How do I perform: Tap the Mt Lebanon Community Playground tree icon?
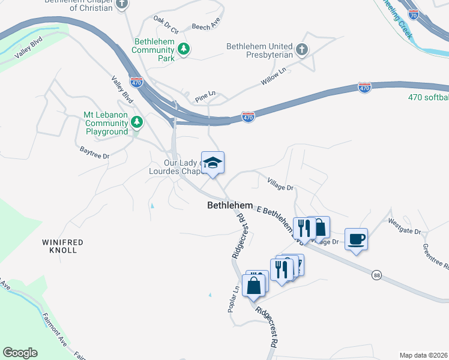coord(137,122)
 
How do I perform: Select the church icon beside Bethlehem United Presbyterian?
coord(302,50)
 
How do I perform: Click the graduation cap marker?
coord(212,163)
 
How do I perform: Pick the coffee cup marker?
coord(357,239)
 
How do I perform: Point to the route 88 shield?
coord(376,274)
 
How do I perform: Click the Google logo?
coord(20,353)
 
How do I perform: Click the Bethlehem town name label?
coord(229,205)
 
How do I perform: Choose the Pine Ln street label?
coord(205,96)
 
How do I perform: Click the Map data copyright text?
coord(423,355)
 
